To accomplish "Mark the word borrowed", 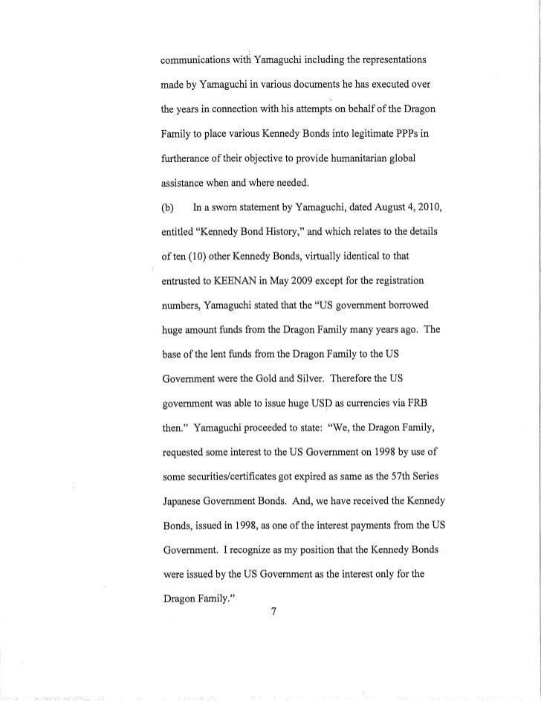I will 415,304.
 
